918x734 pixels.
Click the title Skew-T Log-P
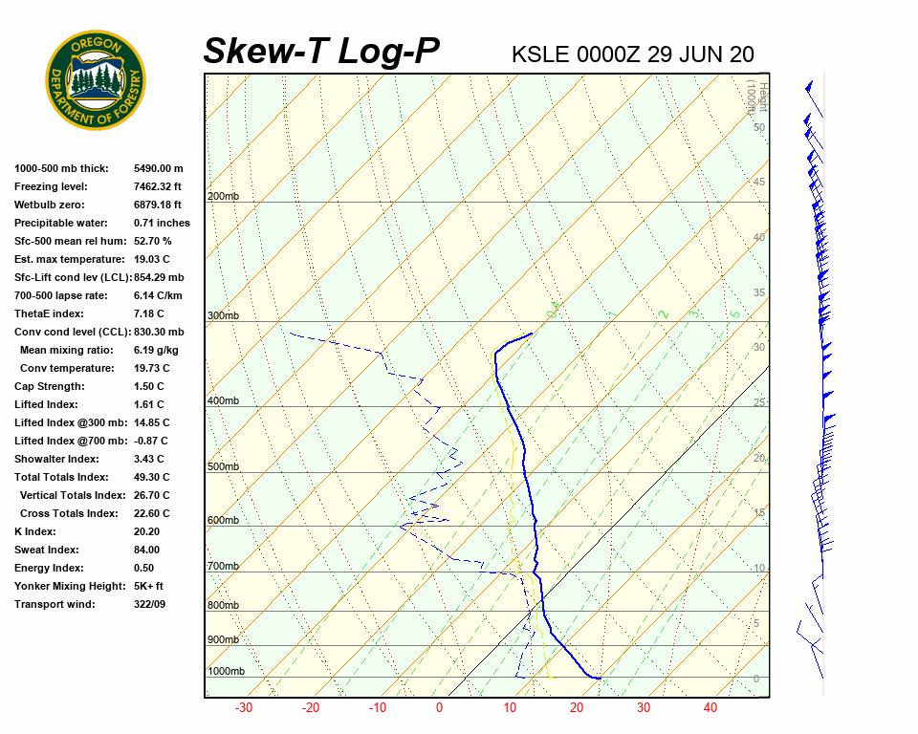click(x=322, y=51)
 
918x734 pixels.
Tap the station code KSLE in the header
click(x=540, y=54)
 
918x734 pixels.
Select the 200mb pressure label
click(x=223, y=197)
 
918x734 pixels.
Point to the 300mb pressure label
click(x=223, y=315)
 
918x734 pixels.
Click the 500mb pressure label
click(x=223, y=466)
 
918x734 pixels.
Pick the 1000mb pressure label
click(x=226, y=671)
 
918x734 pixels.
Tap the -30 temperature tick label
click(x=244, y=708)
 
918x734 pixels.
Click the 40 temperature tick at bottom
click(x=710, y=708)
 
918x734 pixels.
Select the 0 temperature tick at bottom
click(x=439, y=708)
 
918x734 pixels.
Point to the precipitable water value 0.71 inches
click(x=162, y=223)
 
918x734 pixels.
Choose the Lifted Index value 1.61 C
click(x=148, y=404)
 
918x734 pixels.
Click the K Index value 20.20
click(x=146, y=531)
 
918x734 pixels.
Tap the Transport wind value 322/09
click(x=150, y=604)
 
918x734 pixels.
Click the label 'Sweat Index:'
click(x=47, y=550)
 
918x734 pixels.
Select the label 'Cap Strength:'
click(x=49, y=386)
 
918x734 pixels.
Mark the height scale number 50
click(x=759, y=127)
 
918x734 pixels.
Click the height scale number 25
click(x=759, y=402)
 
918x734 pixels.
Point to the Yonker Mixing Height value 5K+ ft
click(x=148, y=586)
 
